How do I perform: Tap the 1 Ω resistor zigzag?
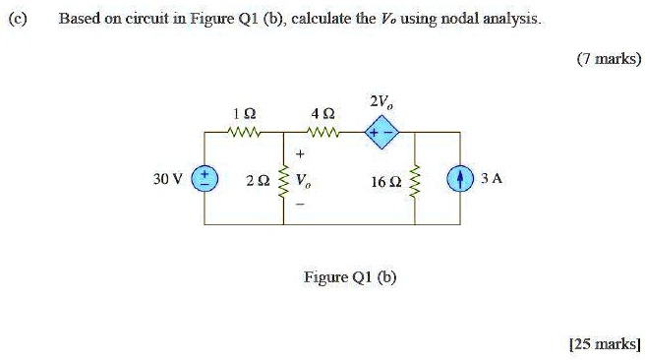(x=241, y=132)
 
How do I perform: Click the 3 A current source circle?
(x=459, y=179)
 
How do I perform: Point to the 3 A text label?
(x=492, y=179)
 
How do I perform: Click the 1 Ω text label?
(x=240, y=113)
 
